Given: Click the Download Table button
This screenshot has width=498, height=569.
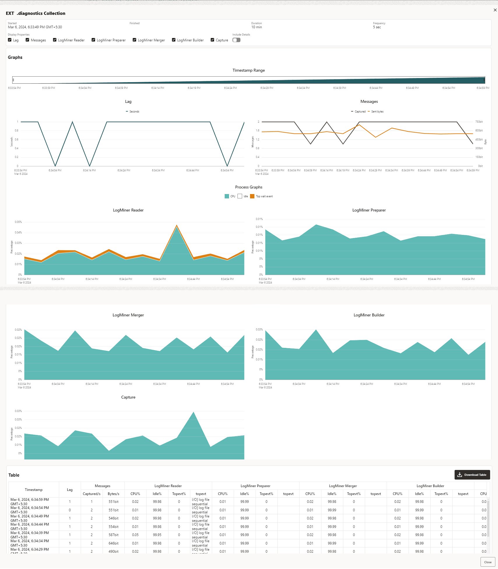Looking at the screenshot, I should (472, 475).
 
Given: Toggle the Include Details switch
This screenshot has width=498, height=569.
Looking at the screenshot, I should (236, 40).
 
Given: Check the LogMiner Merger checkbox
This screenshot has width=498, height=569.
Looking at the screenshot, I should (134, 40).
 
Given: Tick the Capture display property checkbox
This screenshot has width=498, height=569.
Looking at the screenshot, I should (212, 40).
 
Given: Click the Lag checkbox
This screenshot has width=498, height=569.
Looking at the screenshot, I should (10, 40).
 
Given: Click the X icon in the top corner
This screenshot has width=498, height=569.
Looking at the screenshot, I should (495, 10).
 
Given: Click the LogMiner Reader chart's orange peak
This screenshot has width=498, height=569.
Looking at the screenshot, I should (177, 225).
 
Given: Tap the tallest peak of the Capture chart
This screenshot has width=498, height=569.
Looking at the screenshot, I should (193, 412).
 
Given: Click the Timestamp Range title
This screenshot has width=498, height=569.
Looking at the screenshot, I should (249, 70).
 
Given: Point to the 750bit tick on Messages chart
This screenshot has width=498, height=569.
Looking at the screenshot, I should (479, 122).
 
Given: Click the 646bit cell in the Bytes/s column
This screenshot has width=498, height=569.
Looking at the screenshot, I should (113, 543).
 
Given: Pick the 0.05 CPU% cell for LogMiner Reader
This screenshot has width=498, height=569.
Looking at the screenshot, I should (135, 535).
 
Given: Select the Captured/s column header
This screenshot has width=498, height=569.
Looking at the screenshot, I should (91, 494).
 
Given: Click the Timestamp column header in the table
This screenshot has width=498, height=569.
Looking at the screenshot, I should (34, 490).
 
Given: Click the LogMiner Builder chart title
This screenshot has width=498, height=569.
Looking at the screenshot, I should (369, 315).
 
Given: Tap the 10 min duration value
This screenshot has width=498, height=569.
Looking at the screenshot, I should (256, 27).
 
